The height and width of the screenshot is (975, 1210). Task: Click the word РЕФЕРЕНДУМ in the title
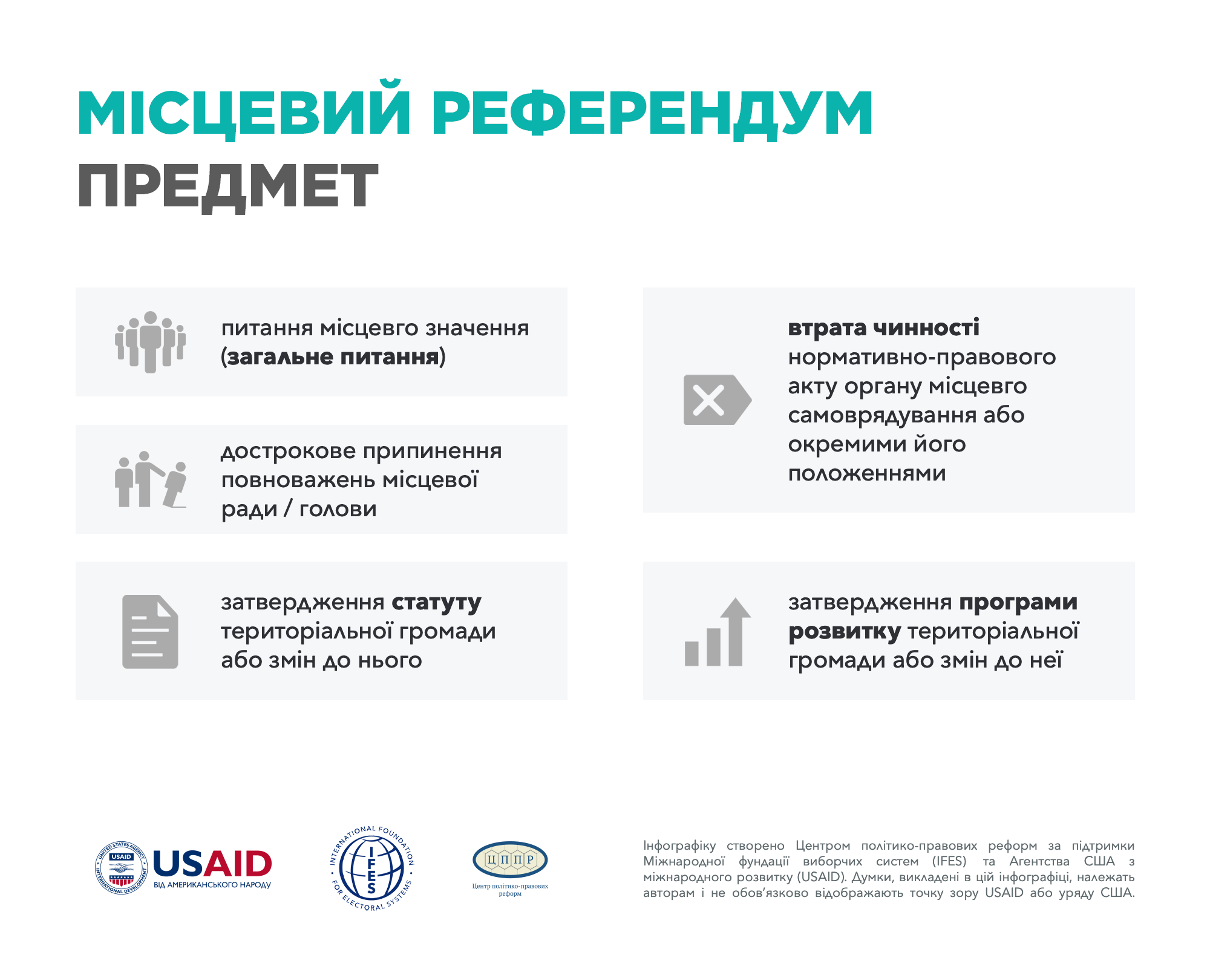click(652, 113)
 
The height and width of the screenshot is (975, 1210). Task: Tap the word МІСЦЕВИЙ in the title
click(244, 110)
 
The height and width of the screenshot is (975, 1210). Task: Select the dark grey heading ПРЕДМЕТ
click(228, 187)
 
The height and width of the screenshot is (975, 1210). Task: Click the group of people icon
click(151, 342)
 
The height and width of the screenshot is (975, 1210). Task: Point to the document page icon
click(150, 632)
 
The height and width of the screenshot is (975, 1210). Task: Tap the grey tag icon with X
click(718, 399)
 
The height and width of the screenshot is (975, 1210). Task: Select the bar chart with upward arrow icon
click(718, 632)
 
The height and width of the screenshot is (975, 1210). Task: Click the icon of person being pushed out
click(151, 479)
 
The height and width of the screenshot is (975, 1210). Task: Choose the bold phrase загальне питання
click(333, 357)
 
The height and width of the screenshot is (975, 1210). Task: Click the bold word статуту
click(436, 603)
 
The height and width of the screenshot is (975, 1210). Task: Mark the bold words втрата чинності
click(883, 327)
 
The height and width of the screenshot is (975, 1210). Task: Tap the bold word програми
click(1018, 603)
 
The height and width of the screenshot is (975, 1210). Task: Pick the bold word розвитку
click(845, 632)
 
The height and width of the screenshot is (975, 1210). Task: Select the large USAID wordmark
click(212, 864)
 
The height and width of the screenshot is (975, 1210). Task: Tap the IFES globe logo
click(371, 868)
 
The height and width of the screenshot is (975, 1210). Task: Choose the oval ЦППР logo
click(510, 859)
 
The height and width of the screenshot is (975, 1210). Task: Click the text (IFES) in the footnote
click(949, 861)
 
